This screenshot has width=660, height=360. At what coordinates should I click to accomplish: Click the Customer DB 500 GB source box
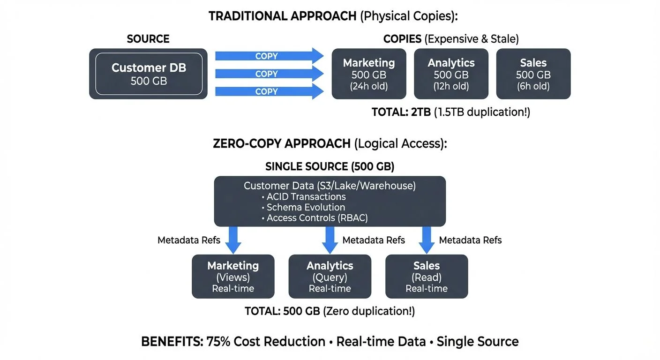[148, 74]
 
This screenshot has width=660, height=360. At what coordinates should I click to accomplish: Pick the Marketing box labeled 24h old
[369, 74]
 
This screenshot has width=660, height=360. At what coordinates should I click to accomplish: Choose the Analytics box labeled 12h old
[451, 74]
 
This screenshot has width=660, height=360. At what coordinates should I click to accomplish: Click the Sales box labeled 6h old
[533, 74]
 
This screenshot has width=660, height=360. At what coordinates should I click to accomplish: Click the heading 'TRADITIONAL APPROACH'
[282, 15]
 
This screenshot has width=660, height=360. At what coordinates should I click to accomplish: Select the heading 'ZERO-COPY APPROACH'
[281, 143]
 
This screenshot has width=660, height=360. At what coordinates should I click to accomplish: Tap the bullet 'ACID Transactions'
[306, 197]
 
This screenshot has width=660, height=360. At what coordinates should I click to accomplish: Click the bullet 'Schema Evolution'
[306, 207]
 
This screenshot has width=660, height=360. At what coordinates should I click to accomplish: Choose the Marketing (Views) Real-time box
[233, 277]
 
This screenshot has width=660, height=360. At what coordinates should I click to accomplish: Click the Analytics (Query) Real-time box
[330, 277]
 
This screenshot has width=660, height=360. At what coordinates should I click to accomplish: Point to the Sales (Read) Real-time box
[427, 277]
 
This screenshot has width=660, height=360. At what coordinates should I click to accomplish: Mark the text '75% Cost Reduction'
[266, 342]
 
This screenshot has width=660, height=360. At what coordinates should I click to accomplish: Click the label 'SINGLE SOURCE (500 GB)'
[330, 166]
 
